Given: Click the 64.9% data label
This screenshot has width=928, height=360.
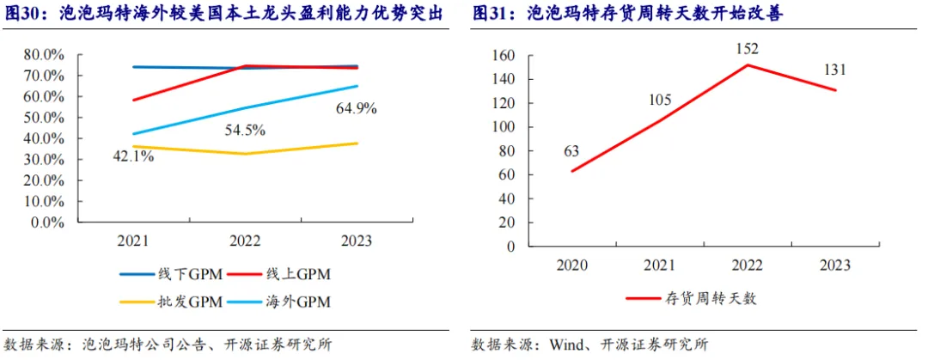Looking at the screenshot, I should click(356, 109).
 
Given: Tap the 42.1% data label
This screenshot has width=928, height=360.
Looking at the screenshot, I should click(132, 156).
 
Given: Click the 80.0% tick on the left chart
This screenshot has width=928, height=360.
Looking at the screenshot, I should click(44, 55).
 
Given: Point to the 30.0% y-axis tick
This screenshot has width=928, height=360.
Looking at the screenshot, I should click(44, 159).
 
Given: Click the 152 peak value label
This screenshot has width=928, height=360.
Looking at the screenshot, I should click(747, 48).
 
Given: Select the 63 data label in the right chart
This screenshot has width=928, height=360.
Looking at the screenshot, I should click(571, 152).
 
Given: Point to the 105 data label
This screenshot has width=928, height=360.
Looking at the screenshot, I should click(659, 100).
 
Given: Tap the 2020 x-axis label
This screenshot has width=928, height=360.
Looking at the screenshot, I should click(571, 265).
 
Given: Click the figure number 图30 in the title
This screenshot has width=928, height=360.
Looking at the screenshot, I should click(23, 15).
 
